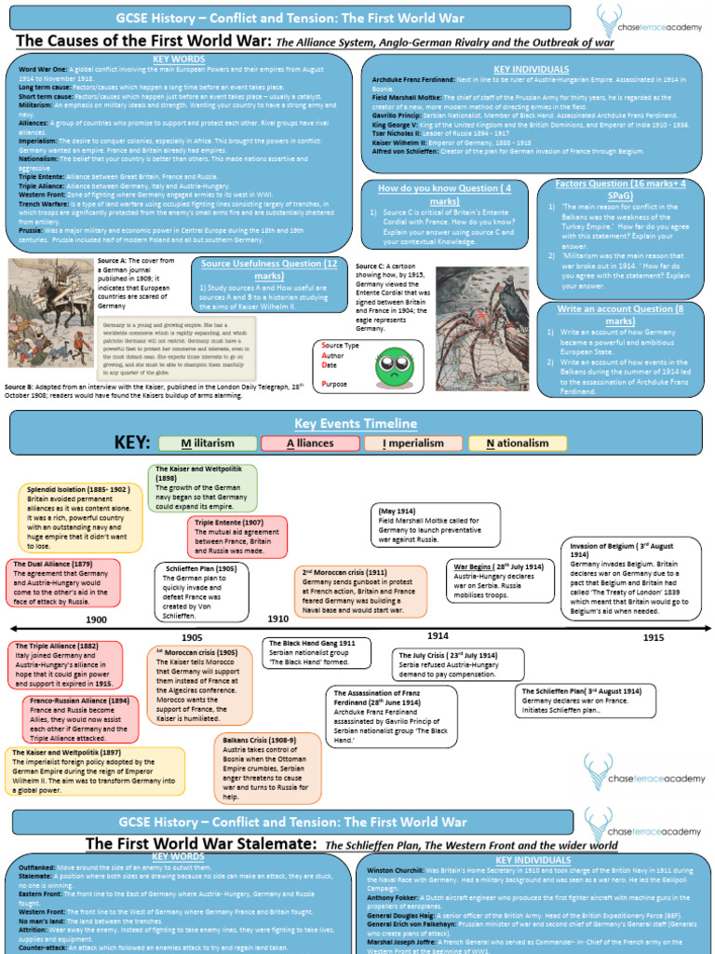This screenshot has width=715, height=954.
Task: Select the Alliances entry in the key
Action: [309, 443]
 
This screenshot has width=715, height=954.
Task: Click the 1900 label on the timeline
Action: [97, 619]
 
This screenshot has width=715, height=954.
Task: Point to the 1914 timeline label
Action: [438, 634]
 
